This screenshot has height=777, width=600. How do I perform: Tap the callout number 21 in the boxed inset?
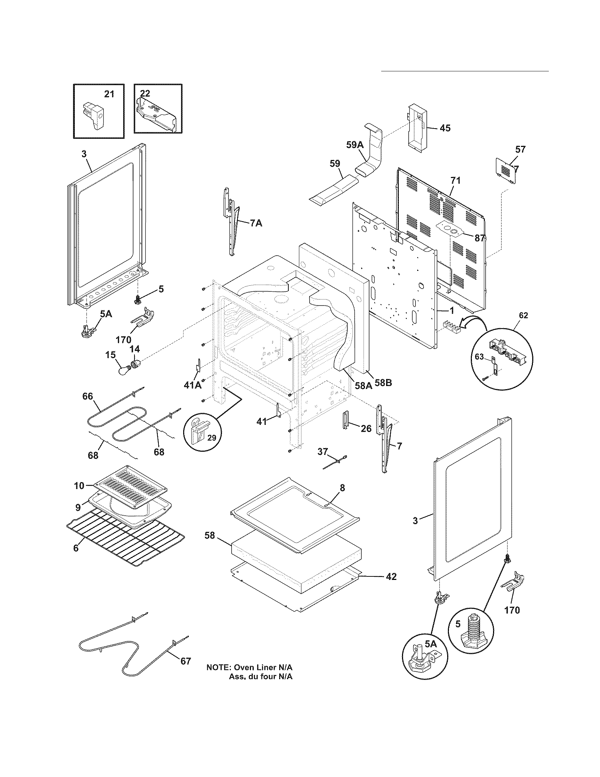109,94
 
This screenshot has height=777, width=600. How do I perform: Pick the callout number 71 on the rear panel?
455,180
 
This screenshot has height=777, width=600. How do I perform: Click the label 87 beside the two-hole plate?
480,238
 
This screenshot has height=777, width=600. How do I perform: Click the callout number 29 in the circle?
211,437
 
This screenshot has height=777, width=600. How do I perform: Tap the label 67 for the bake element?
186,661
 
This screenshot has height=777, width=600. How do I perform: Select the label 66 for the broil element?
88,396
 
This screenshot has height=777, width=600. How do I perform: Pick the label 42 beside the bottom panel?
391,576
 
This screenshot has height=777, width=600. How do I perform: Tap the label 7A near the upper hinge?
256,224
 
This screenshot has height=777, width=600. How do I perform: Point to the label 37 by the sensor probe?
322,451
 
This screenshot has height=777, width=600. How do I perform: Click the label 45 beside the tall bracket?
445,128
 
